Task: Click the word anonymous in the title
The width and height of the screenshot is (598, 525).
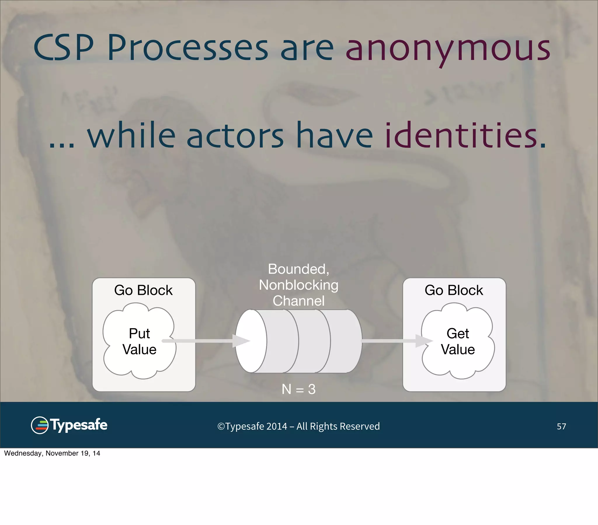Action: pyautogui.click(x=448, y=48)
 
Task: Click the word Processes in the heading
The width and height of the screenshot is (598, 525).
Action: pyautogui.click(x=187, y=48)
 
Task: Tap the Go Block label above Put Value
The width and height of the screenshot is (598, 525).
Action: pyautogui.click(x=143, y=290)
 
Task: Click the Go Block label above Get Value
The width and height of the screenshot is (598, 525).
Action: pyautogui.click(x=454, y=290)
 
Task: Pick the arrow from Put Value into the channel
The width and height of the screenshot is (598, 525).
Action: pyautogui.click(x=205, y=341)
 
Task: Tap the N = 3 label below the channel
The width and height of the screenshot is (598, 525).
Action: pyautogui.click(x=298, y=389)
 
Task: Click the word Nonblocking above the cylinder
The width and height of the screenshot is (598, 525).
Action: pyautogui.click(x=298, y=285)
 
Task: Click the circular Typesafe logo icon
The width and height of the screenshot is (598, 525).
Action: pyautogui.click(x=40, y=425)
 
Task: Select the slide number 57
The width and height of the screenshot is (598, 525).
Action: pyautogui.click(x=561, y=426)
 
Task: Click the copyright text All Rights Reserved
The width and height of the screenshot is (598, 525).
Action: pyautogui.click(x=338, y=426)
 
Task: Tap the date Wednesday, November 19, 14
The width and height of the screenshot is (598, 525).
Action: pyautogui.click(x=52, y=453)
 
